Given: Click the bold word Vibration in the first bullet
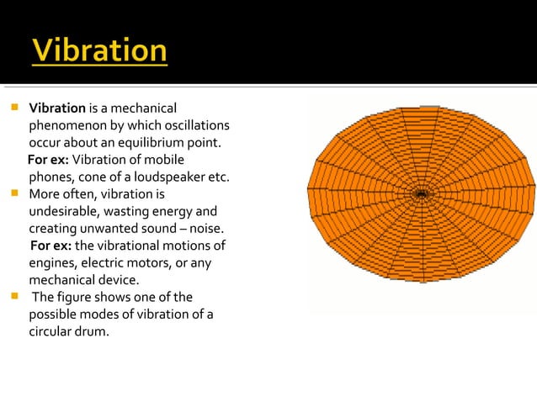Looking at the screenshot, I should (x=57, y=108).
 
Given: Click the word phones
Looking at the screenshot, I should (x=49, y=177).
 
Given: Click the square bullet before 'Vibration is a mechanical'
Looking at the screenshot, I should (x=14, y=108).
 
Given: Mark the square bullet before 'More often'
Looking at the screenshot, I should (x=14, y=194).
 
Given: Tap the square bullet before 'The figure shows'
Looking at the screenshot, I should (x=14, y=297).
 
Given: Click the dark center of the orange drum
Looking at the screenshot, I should (x=422, y=195).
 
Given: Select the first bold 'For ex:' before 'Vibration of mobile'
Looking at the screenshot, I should (x=48, y=160).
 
